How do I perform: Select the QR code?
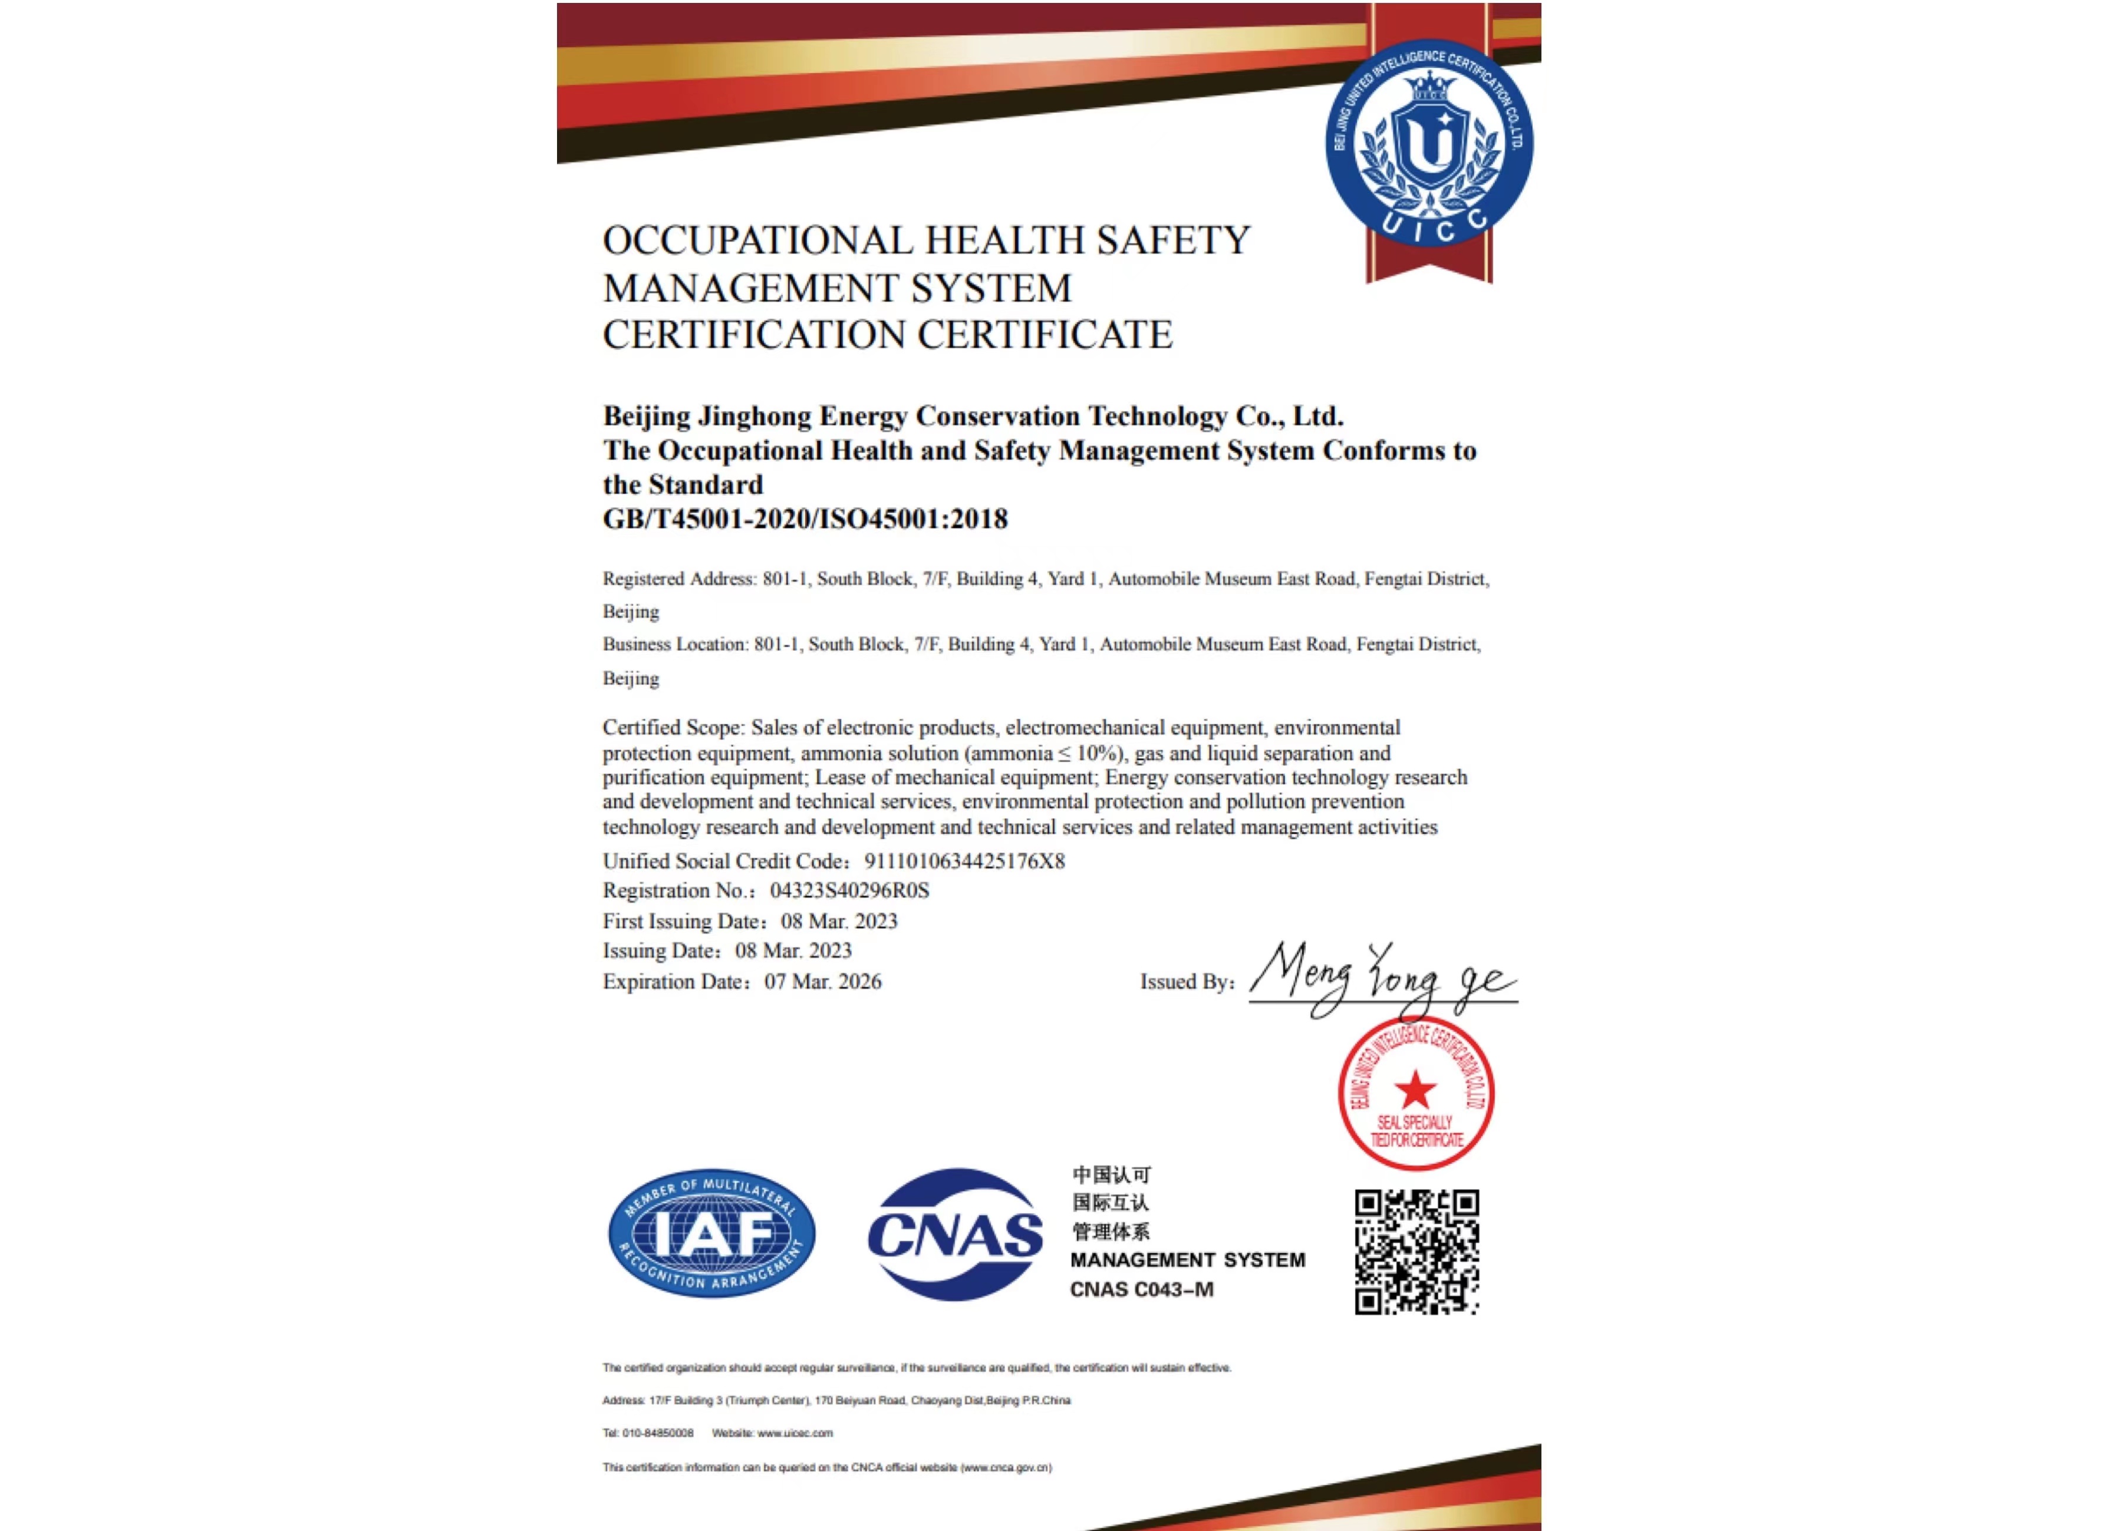pos(1416,1252)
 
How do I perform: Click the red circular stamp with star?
pos(1416,1093)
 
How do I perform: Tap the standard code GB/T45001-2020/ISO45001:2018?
pos(805,519)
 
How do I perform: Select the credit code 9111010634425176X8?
pos(964,861)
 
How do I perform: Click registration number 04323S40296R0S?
pos(849,890)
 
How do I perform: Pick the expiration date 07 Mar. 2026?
pos(823,982)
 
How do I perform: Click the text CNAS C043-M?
pos(1141,1289)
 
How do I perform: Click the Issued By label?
pos(1186,982)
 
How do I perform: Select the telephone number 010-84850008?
pos(658,1433)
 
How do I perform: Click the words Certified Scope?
pos(672,728)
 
